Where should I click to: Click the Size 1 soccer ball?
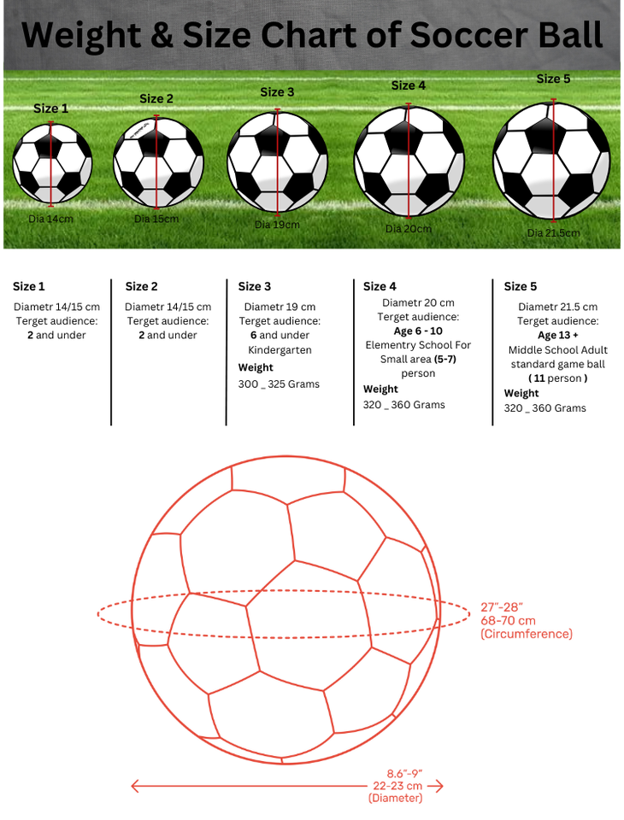pyautogui.click(x=51, y=162)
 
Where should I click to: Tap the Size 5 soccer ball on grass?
pyautogui.click(x=552, y=161)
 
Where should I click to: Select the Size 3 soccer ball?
pyautogui.click(x=277, y=163)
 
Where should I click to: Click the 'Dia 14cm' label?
pyautogui.click(x=50, y=219)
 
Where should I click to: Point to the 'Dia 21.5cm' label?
pyautogui.click(x=553, y=232)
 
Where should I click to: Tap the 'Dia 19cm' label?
pyautogui.click(x=277, y=225)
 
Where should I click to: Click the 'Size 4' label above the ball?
pyautogui.click(x=408, y=85)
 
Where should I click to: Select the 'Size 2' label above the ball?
pyautogui.click(x=156, y=99)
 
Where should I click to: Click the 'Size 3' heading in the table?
pyautogui.click(x=255, y=286)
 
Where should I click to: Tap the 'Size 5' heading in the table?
pyautogui.click(x=521, y=286)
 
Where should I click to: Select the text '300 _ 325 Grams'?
pyautogui.click(x=279, y=384)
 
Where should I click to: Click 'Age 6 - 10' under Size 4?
pyautogui.click(x=418, y=331)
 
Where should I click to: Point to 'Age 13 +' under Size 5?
pyautogui.click(x=557, y=335)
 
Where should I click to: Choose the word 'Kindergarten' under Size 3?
pyautogui.click(x=280, y=350)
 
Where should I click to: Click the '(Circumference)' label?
pyautogui.click(x=526, y=634)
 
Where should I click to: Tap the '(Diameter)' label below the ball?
pyautogui.click(x=395, y=798)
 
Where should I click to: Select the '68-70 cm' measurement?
pyautogui.click(x=508, y=620)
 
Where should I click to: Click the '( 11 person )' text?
pyautogui.click(x=557, y=378)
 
